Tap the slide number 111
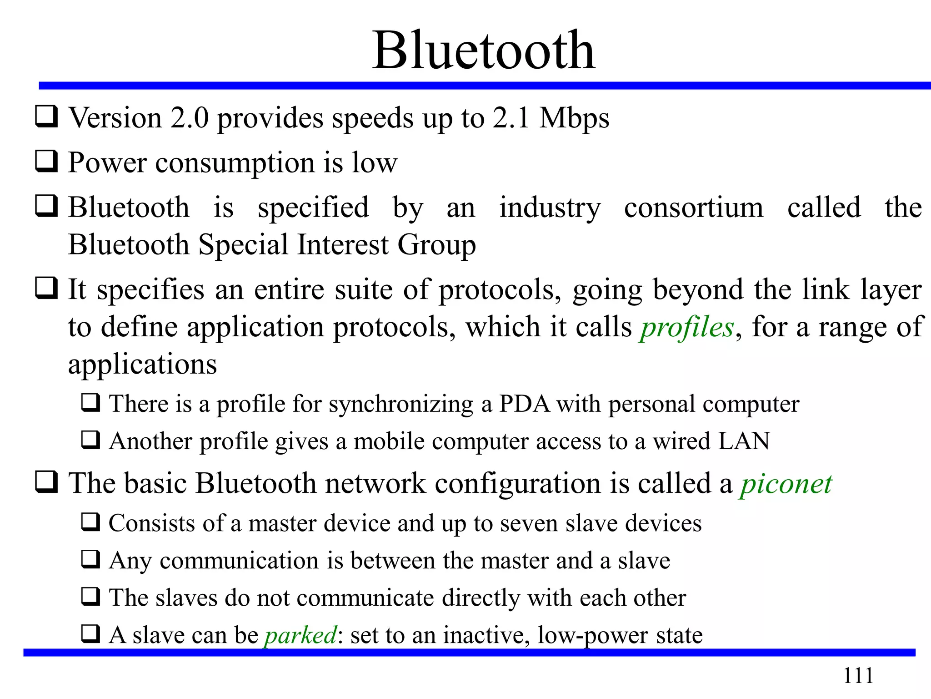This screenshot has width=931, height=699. pos(858,675)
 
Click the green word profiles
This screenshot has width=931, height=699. pos(687,328)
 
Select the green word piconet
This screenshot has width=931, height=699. pos(786,483)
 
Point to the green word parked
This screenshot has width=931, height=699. pos(301,635)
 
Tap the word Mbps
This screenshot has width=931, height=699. pos(574,119)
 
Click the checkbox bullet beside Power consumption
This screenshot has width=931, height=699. pos(46,162)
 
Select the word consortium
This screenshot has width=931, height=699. pos(694,208)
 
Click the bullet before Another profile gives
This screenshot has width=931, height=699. pos(91,440)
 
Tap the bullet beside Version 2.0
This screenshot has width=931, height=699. pos(46,116)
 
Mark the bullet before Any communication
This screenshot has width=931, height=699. pos(91,559)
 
